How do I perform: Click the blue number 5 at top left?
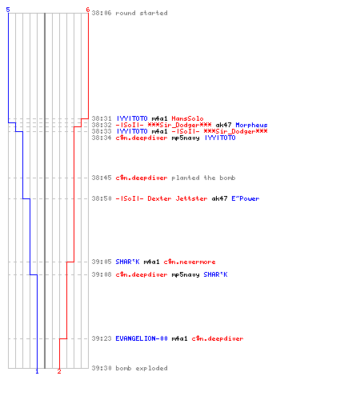[x=8, y=10]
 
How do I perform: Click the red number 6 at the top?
[x=88, y=10]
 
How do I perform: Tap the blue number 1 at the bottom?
[x=37, y=371]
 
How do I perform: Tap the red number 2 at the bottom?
[x=59, y=371]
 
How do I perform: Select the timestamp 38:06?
[x=102, y=13]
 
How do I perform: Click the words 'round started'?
[x=142, y=13]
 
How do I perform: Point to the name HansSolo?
[x=187, y=118]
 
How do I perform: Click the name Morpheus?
[x=251, y=125]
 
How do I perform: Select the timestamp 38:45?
[x=102, y=178]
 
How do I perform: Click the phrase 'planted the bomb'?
[x=203, y=178]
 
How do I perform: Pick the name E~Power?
[x=246, y=198]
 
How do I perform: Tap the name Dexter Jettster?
[x=178, y=198]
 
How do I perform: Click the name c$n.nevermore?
[x=190, y=262]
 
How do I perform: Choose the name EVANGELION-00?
[x=142, y=338]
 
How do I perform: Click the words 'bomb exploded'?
[x=142, y=368]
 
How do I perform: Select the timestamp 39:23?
[x=102, y=338]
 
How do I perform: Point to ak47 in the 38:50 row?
[x=220, y=198]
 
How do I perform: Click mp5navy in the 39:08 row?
[x=186, y=274]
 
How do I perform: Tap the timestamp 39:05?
[x=102, y=262]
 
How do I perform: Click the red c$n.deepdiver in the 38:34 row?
[x=142, y=138]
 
